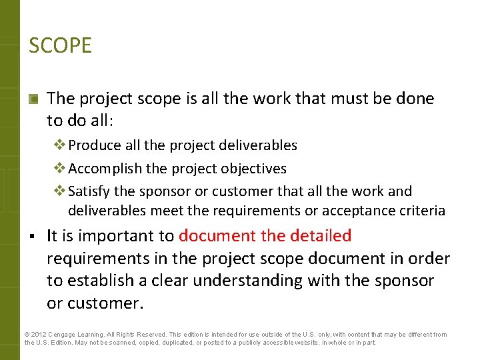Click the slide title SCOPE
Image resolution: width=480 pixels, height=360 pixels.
point(60,46)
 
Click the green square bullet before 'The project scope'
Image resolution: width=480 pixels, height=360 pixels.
point(33,99)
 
